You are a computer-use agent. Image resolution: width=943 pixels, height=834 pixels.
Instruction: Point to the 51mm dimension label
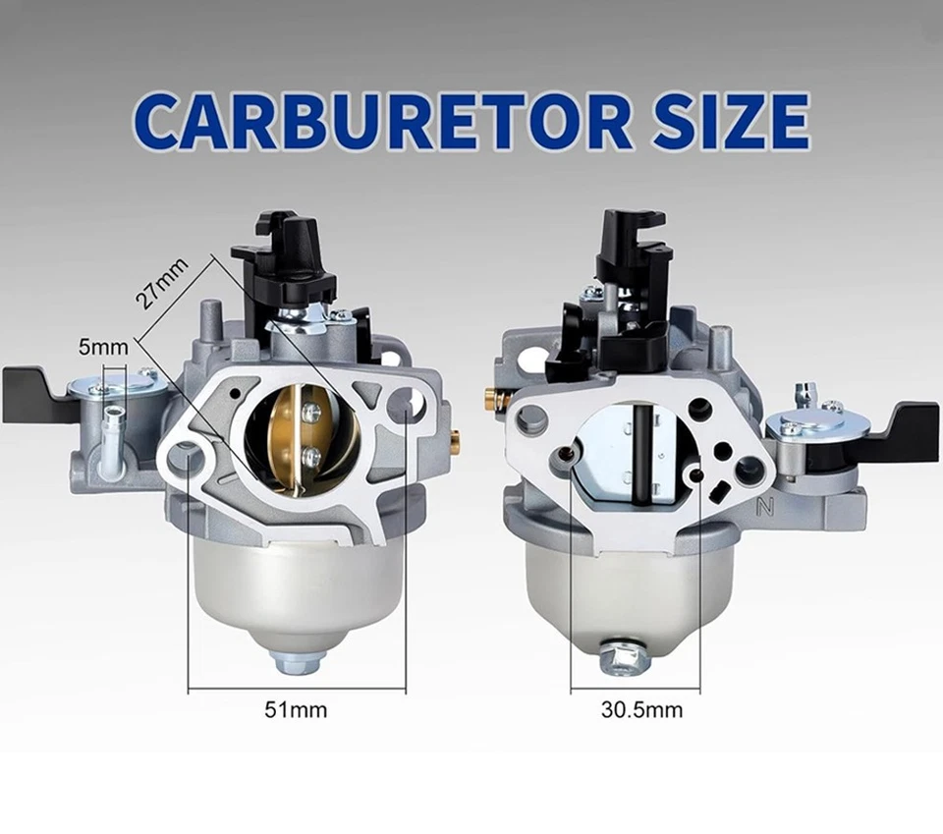pyautogui.click(x=297, y=708)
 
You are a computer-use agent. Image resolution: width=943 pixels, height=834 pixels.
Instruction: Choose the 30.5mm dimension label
pyautogui.click(x=641, y=708)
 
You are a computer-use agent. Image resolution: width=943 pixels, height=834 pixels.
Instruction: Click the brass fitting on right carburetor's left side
pyautogui.click(x=489, y=397)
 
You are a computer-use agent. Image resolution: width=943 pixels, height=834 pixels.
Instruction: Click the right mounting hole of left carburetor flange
pyautogui.click(x=405, y=405)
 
